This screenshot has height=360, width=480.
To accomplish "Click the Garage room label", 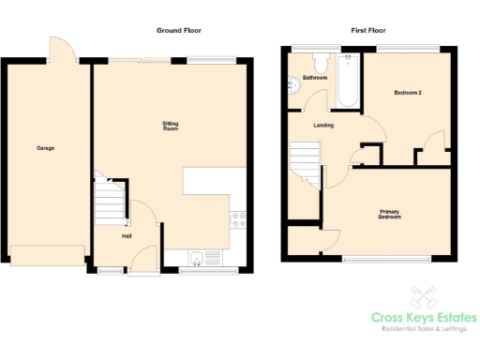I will [45, 148].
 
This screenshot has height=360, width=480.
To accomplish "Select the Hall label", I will [126, 235].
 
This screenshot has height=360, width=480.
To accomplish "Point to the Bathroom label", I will [315, 78].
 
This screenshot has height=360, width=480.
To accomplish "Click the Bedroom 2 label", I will [408, 92].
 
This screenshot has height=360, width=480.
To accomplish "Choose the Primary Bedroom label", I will [389, 215].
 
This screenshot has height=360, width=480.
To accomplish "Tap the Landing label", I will [324, 125].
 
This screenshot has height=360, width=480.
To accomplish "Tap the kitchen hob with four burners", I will [237, 220].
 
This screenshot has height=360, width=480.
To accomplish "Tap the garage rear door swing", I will [62, 47].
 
